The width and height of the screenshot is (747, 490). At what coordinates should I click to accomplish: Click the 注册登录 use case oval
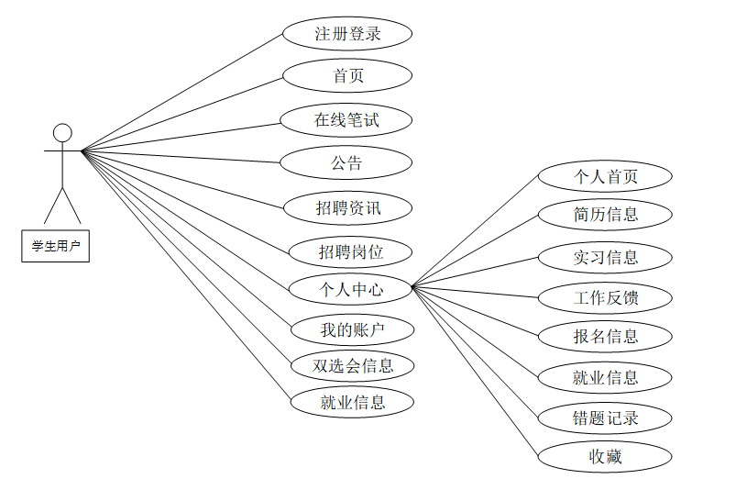point(347,34)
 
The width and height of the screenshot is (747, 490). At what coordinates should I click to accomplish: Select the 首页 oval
point(347,76)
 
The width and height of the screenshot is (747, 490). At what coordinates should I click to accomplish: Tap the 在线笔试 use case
point(346,119)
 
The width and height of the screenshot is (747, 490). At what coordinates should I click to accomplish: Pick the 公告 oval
point(346,163)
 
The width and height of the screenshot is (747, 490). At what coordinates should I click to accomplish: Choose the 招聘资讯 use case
point(347,208)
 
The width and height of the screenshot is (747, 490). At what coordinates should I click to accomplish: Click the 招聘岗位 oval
point(350,251)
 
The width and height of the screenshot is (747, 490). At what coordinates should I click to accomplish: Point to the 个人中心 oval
point(350,290)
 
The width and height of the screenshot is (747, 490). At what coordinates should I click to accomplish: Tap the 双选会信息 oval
point(352,365)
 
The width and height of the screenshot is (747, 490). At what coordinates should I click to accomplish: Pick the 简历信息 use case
point(605,215)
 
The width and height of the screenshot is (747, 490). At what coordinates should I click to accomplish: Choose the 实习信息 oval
point(605,257)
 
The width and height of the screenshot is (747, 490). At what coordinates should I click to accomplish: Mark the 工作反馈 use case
point(605,297)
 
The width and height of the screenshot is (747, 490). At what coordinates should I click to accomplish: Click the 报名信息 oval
point(605,336)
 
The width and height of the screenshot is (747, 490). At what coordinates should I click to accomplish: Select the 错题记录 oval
point(605,418)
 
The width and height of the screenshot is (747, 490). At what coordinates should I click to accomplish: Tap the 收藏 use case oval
point(605,456)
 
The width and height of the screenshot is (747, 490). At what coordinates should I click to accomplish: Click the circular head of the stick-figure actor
point(62,132)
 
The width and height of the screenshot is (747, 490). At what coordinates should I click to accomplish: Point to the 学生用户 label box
point(56,246)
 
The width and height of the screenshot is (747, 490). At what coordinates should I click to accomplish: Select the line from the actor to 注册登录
point(183,92)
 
